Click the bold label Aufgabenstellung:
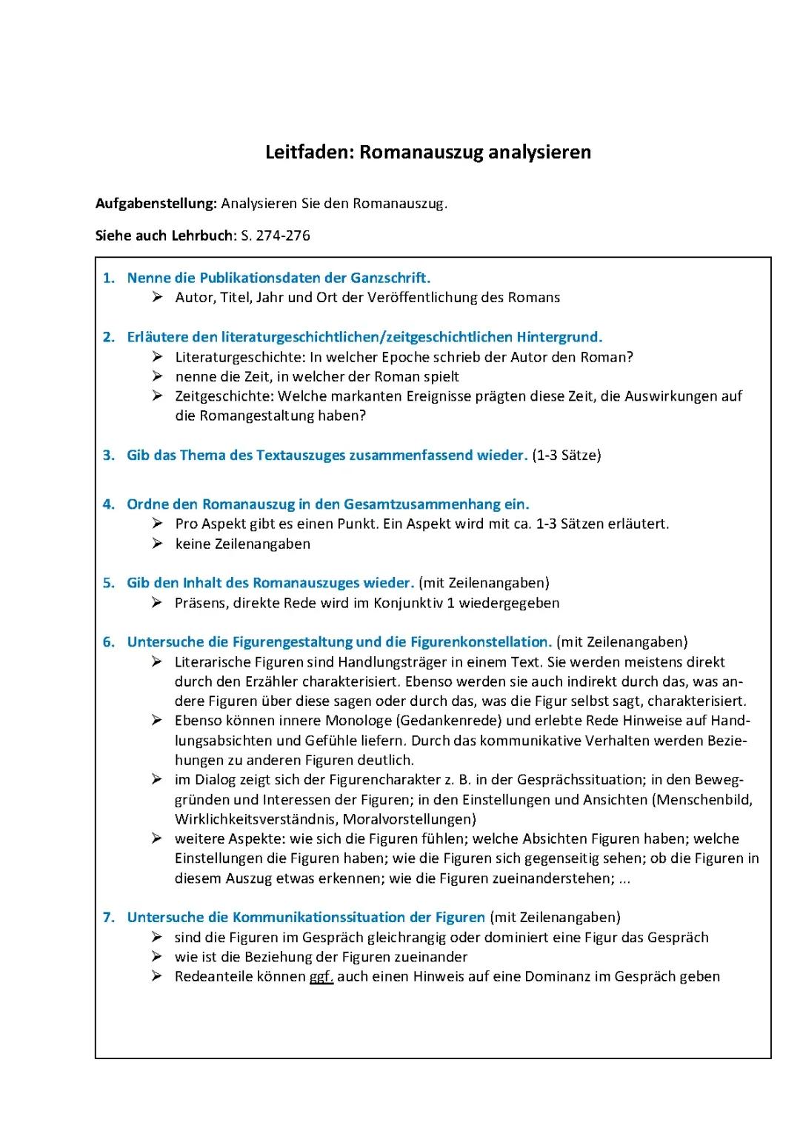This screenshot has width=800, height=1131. click(156, 204)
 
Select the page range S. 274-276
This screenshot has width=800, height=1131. click(276, 236)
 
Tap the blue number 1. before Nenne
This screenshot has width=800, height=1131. click(109, 278)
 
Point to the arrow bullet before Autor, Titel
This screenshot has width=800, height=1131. click(157, 298)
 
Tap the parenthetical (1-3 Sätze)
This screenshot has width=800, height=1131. click(567, 456)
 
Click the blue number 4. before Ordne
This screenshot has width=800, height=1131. click(109, 505)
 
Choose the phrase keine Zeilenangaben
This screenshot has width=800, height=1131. click(243, 544)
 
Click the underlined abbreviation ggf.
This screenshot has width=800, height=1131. click(321, 977)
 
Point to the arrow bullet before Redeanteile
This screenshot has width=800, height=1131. click(157, 977)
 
